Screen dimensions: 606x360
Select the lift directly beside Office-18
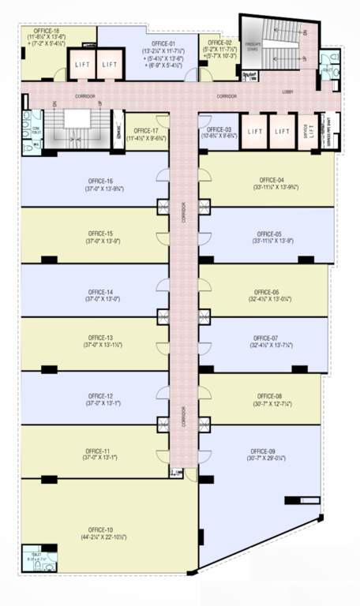pyautogui.click(x=82, y=64)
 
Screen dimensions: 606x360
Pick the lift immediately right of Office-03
pyautogui.click(x=253, y=132)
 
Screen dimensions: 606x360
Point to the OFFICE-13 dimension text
pyautogui.click(x=100, y=346)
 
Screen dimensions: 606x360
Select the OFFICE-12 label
pyautogui.click(x=100, y=396)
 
